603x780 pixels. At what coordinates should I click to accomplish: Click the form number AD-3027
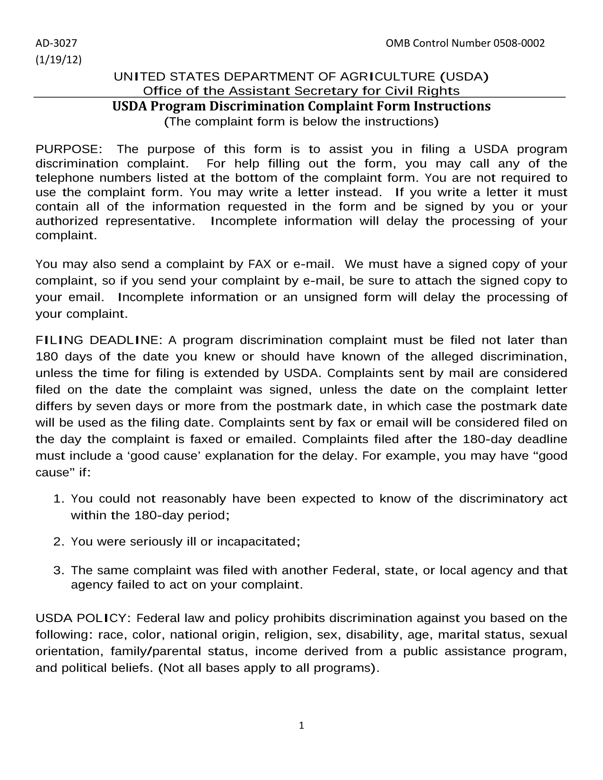pyautogui.click(x=56, y=44)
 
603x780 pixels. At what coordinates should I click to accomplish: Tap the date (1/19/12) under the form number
pyautogui.click(x=59, y=60)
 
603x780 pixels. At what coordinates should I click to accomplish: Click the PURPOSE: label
pyautogui.click(x=69, y=149)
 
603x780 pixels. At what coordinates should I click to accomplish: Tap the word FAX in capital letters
pyautogui.click(x=260, y=264)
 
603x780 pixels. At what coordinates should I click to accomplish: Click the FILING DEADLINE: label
pyautogui.click(x=99, y=340)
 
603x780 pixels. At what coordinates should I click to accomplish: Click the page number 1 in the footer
pyautogui.click(x=301, y=726)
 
